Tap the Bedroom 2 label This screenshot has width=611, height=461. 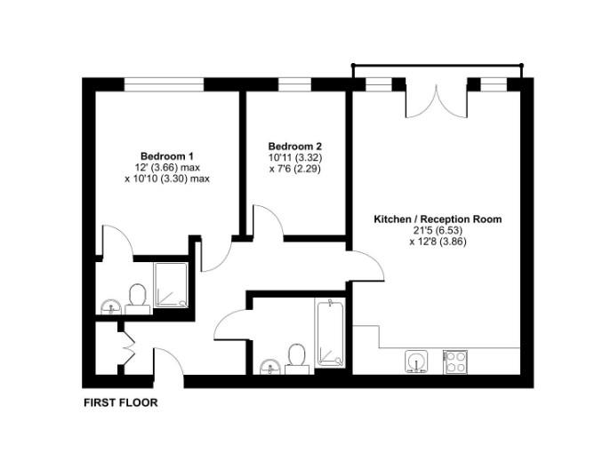point(294,147)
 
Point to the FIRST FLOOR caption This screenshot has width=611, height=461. point(120,403)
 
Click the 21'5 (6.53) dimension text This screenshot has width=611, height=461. point(438,230)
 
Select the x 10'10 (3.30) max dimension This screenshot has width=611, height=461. point(167,178)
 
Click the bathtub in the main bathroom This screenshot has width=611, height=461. point(330,333)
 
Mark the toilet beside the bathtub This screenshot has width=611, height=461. point(297,354)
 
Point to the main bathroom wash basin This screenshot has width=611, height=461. point(270,366)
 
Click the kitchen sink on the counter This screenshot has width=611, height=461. point(416,361)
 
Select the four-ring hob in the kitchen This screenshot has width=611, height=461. point(457,361)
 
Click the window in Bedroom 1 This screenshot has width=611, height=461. point(164,84)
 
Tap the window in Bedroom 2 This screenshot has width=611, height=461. point(294,84)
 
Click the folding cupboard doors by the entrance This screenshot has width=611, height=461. point(125,346)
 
